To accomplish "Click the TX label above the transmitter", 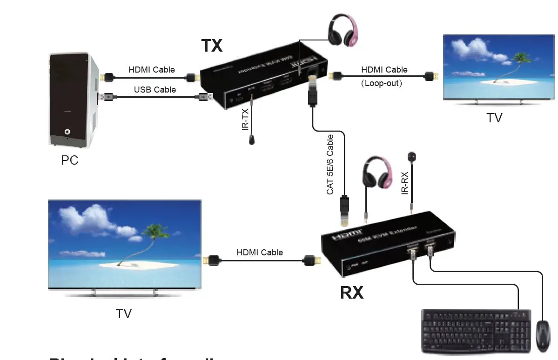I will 212,46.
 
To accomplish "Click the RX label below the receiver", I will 352,293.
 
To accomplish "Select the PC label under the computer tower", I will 70,160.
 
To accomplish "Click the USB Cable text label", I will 155,89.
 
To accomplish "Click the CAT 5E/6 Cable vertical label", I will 330,165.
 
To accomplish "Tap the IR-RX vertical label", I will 405,183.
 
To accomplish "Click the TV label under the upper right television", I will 494,118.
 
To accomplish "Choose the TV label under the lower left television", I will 124,314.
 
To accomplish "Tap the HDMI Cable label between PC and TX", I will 152,70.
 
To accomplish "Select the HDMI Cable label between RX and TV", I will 260,253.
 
